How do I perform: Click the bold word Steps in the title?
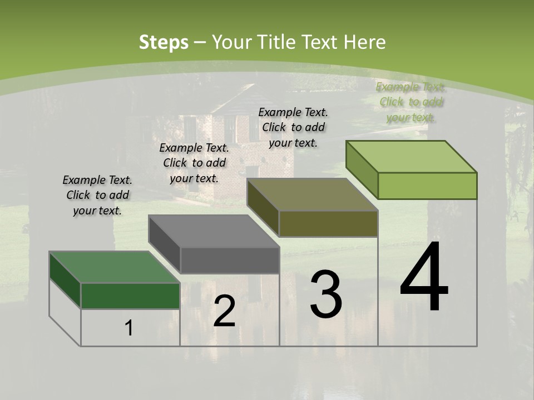pos(163,42)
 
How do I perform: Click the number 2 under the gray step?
pos(224,311)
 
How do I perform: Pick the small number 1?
pos(128,328)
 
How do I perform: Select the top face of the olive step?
pos(312,194)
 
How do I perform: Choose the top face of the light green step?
pos(411,157)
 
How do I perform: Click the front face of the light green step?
pos(427,186)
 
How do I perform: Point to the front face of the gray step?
pos(230,261)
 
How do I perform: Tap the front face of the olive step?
pos(328,223)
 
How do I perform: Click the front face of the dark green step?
pos(130,296)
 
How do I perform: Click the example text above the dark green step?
pos(97,195)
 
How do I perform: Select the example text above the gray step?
pos(194,163)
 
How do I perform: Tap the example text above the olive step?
pos(293,127)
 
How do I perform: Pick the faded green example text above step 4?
pos(411,102)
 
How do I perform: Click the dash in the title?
pos(200,42)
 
